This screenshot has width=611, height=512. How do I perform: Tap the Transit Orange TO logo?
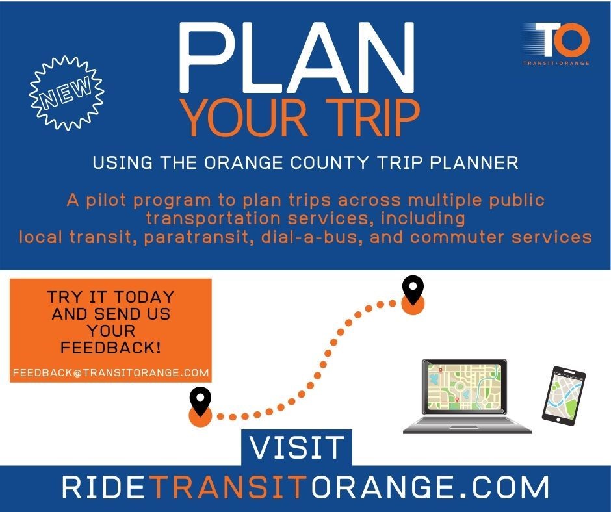pos(556,42)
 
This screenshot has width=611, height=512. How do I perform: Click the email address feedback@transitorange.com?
pos(110,373)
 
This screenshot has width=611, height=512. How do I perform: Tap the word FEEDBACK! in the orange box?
pos(110,347)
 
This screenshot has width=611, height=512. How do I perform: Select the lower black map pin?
pos(200,399)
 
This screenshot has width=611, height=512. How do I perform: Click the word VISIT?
pos(298,448)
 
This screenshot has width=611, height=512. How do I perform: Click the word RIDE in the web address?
pos(103,487)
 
